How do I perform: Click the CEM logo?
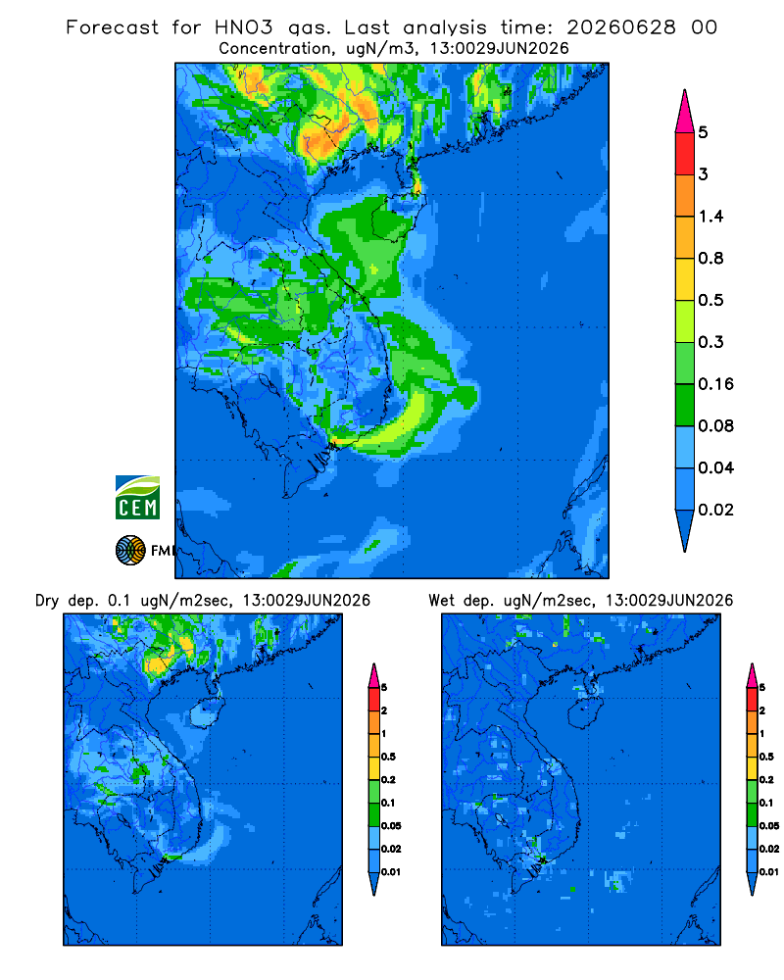[137, 497]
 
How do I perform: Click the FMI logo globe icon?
[130, 550]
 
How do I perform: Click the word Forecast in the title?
[113, 27]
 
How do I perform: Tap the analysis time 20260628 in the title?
[621, 27]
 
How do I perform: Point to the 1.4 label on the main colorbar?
[710, 217]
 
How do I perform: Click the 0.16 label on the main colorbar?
[715, 384]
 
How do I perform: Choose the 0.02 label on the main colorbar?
[715, 510]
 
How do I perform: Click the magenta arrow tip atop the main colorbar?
[685, 90]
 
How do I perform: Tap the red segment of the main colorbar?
[685, 153]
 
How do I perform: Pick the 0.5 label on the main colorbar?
[710, 300]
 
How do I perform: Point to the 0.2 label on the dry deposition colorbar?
[388, 779]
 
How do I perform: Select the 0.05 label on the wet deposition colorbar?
[769, 825]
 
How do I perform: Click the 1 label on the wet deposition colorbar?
[761, 733]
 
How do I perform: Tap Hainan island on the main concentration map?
[393, 217]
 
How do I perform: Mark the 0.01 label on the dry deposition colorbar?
[391, 872]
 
